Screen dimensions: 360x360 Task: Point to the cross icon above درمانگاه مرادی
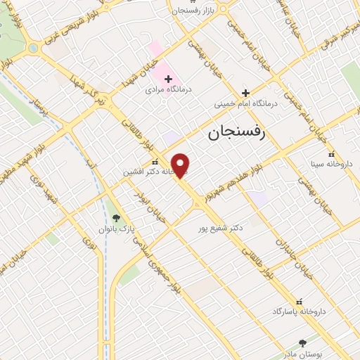point(168,79)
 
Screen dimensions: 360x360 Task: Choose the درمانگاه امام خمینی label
point(247,103)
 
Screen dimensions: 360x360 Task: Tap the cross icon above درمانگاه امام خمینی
point(245,93)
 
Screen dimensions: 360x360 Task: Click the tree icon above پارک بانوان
point(117,218)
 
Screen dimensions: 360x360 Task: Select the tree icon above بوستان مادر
point(302,343)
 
